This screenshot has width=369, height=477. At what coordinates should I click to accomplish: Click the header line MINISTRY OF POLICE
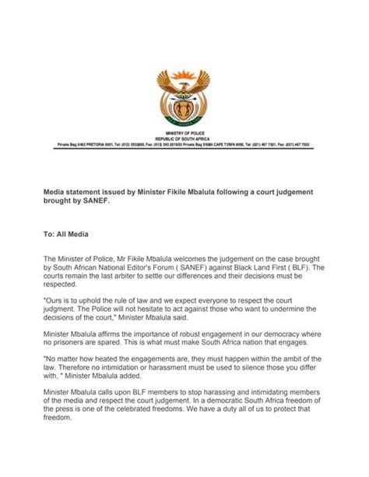184,135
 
